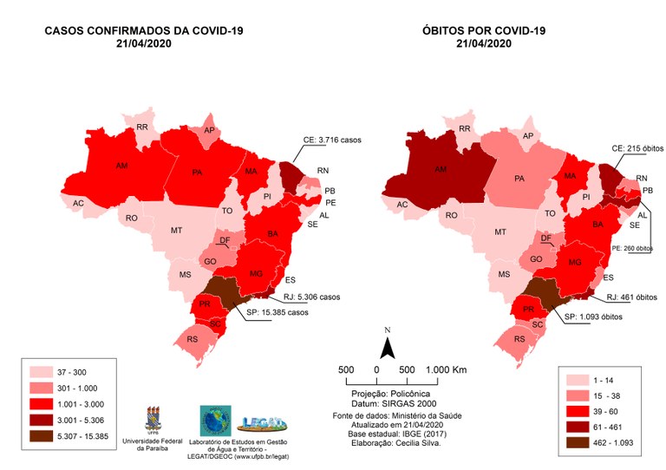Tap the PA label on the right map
pos(520,179)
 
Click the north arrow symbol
pos(389,347)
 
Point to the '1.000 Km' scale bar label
pos(446,370)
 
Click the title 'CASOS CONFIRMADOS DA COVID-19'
pos(144,32)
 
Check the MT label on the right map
pos(499,232)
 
